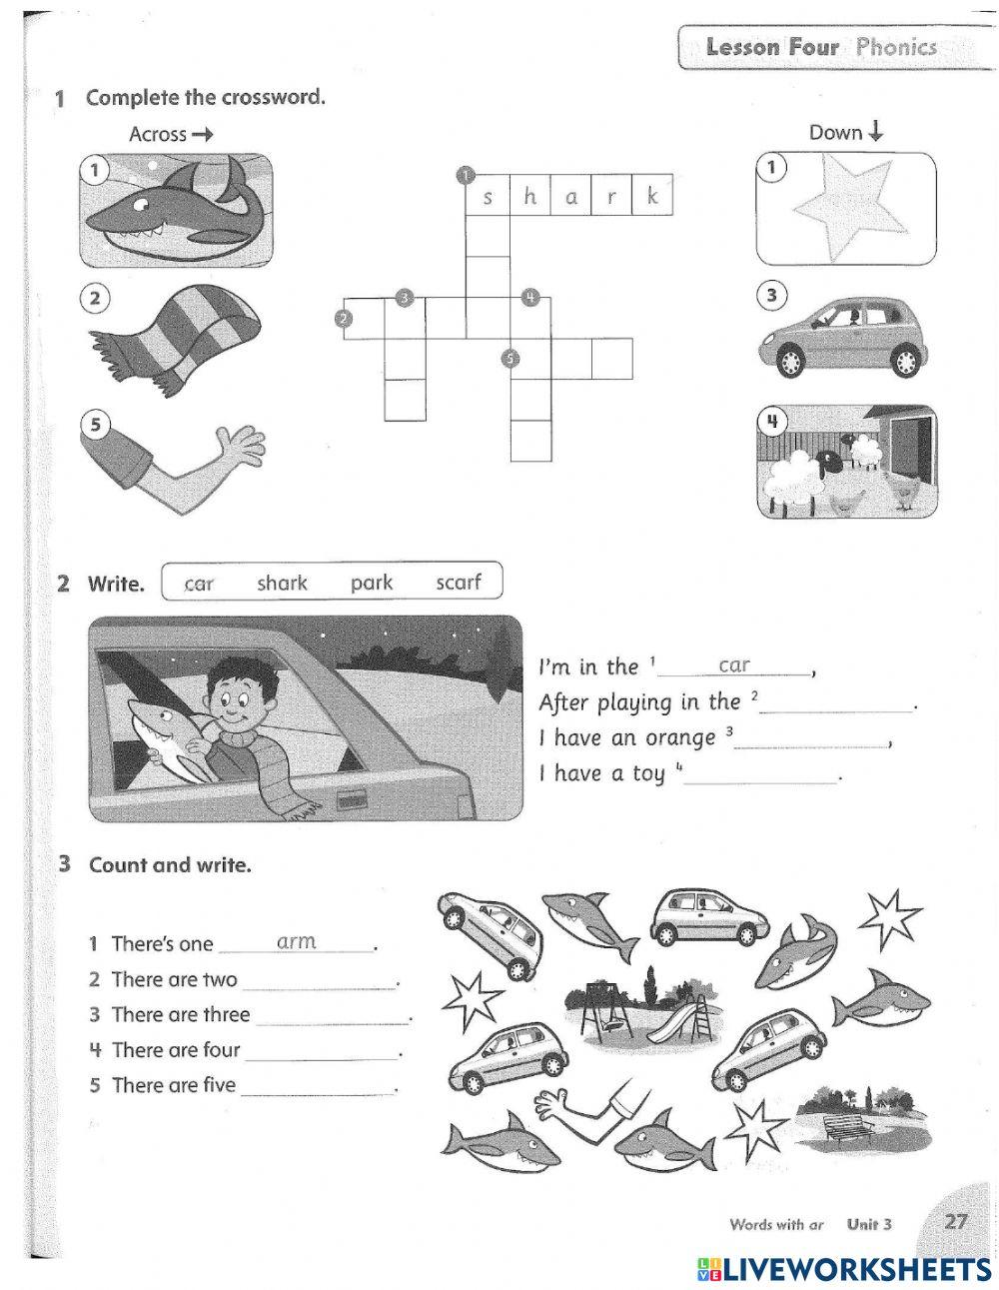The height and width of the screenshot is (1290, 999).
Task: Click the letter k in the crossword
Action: (x=651, y=197)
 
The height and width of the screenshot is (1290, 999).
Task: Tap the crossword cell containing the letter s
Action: (x=488, y=197)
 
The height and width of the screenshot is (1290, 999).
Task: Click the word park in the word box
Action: (x=371, y=583)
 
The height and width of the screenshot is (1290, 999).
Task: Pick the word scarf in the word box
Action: (x=458, y=583)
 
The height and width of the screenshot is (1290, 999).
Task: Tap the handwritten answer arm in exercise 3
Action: (x=296, y=941)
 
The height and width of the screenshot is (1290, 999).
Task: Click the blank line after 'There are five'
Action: (x=319, y=1089)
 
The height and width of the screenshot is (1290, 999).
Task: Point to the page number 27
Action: (x=956, y=1221)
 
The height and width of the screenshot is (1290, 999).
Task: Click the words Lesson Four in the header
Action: (x=771, y=47)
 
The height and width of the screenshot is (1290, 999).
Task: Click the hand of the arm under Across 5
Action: (x=240, y=447)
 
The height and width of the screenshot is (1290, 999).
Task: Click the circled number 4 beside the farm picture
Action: (x=771, y=421)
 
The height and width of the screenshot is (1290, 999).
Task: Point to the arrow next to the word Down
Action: (x=876, y=132)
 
